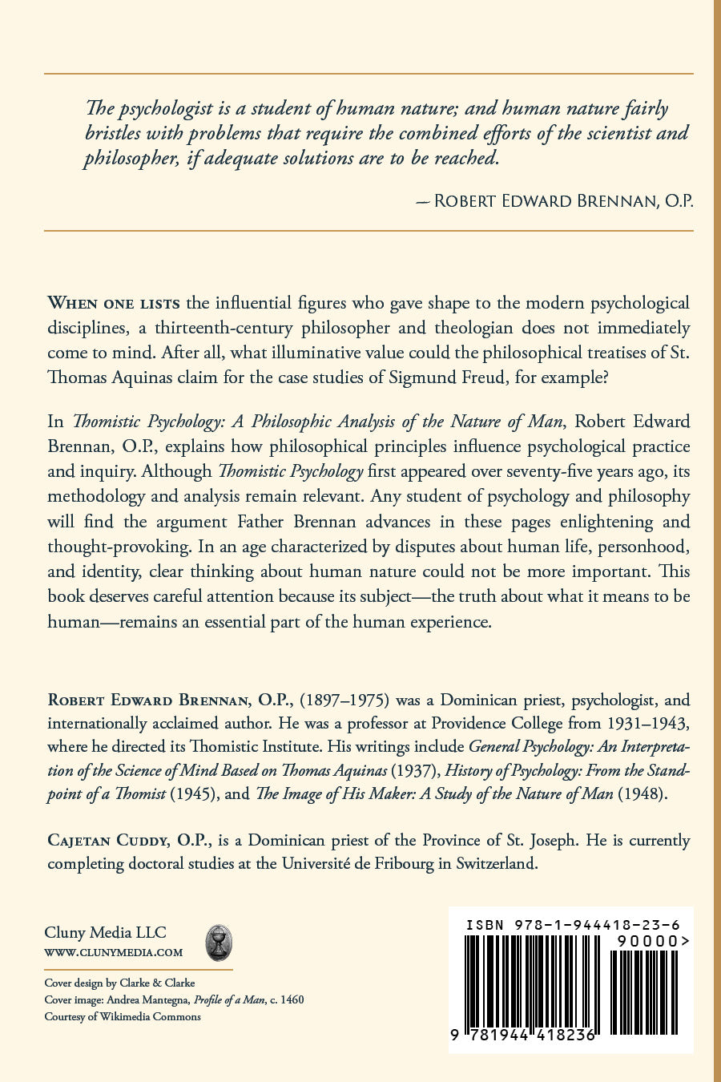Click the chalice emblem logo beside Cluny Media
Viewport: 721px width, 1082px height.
(219, 943)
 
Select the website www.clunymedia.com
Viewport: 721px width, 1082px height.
(114, 953)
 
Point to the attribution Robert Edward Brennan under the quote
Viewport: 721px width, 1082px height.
(562, 200)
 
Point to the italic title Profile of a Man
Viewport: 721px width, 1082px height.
(229, 999)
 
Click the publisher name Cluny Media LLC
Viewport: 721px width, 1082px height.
(105, 932)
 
